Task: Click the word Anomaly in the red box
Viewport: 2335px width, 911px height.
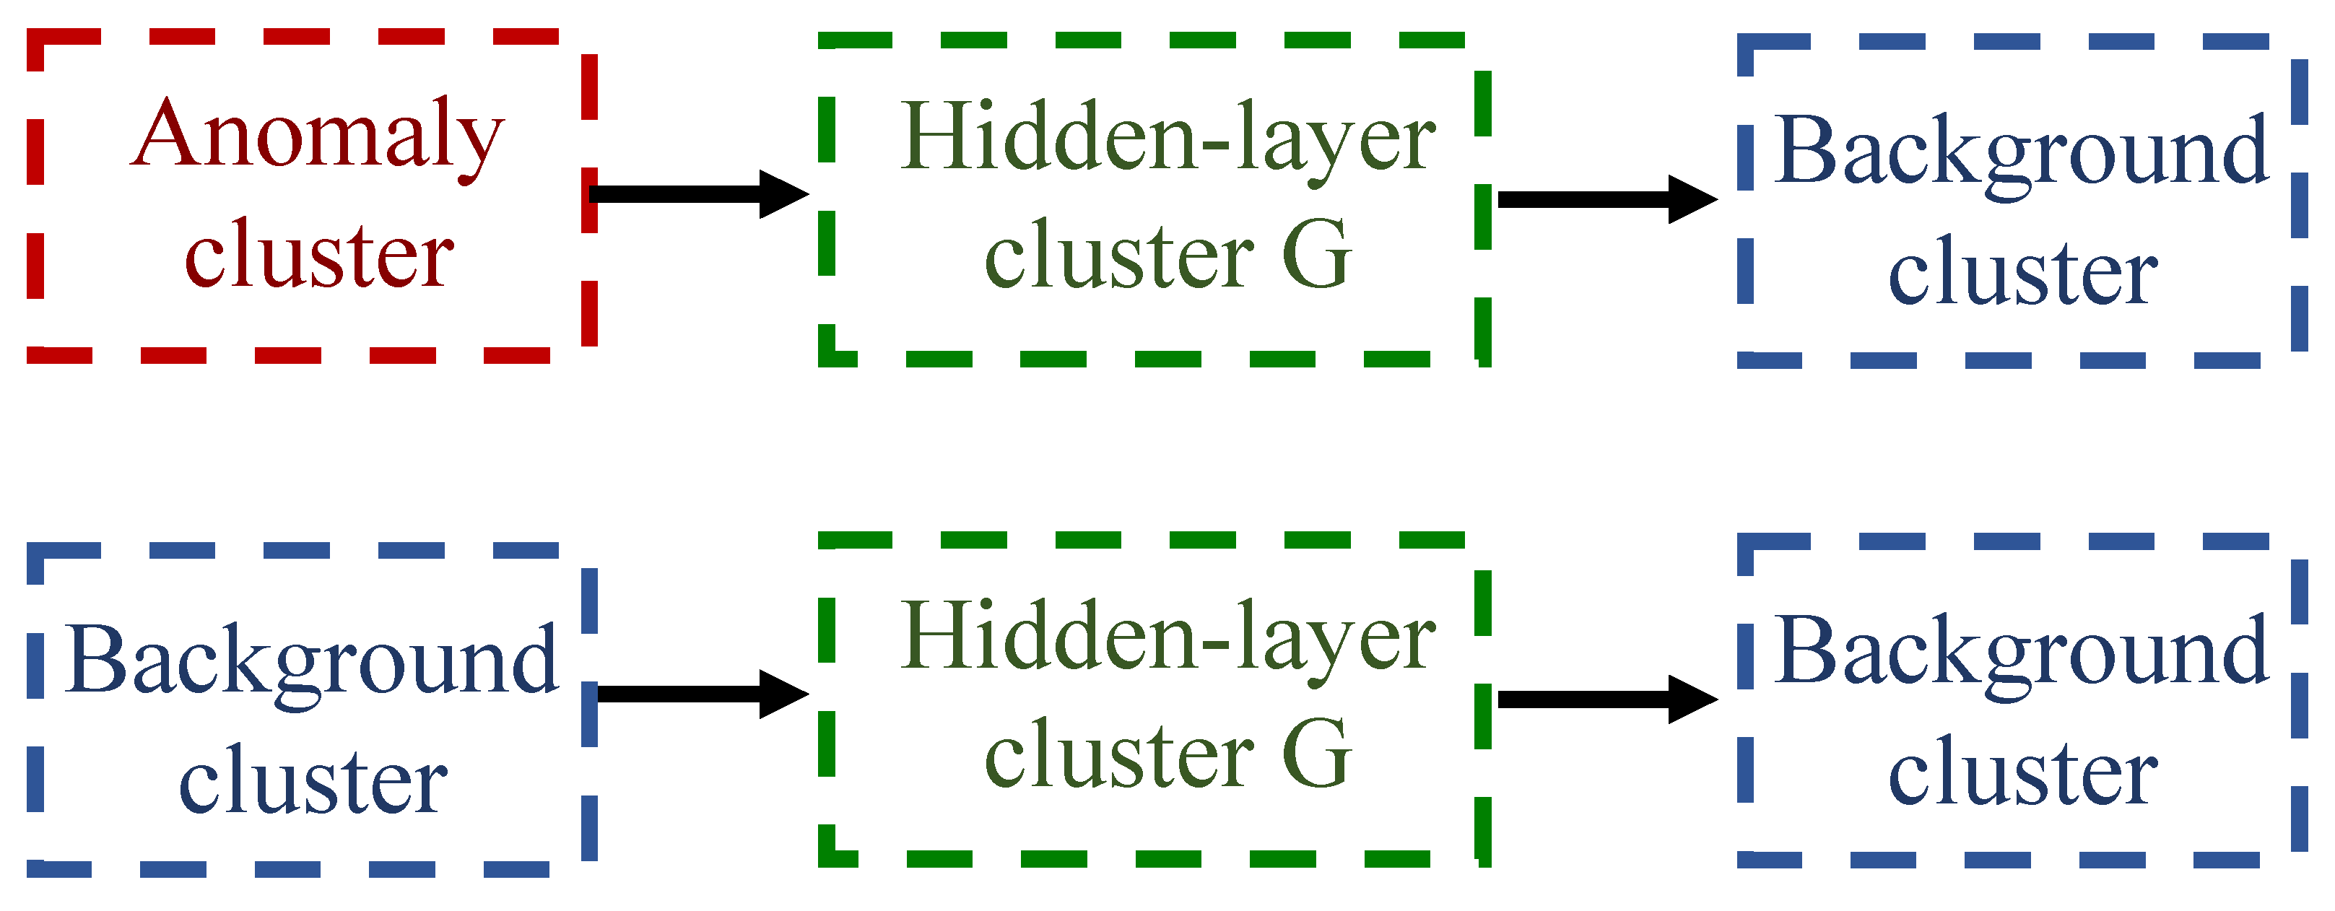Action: pyautogui.click(x=317, y=136)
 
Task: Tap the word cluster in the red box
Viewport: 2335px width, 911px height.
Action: pyautogui.click(x=319, y=256)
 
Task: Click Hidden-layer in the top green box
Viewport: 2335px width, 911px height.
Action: pyautogui.click(x=1167, y=139)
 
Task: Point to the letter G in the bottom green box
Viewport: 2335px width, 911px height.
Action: pyautogui.click(x=1316, y=755)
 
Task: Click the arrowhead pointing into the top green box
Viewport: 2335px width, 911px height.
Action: pyautogui.click(x=781, y=194)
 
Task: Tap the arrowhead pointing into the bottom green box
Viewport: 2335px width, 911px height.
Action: pyautogui.click(x=781, y=694)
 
